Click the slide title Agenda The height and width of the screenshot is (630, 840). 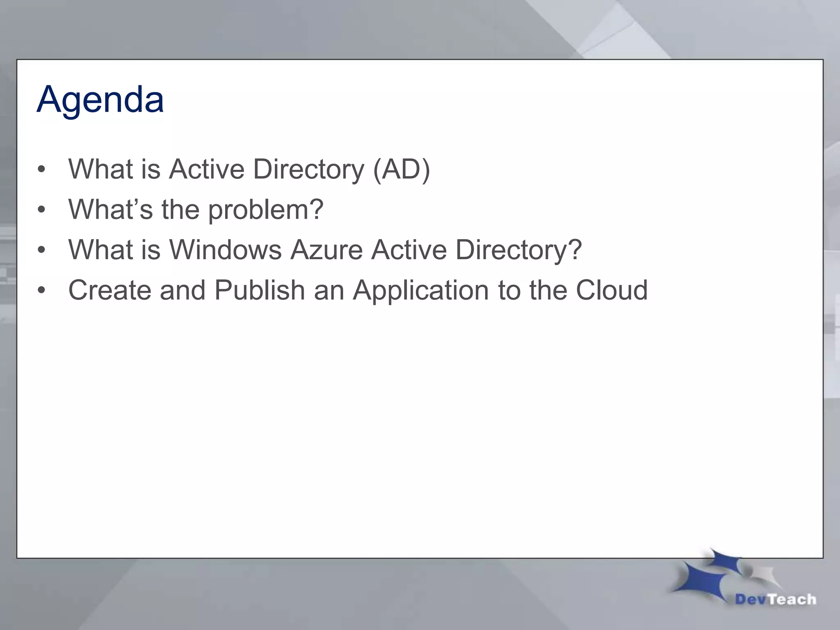[100, 100]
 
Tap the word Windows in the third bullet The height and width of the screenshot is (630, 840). [225, 249]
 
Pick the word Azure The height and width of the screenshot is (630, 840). [326, 249]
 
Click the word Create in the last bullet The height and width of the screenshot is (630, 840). [110, 290]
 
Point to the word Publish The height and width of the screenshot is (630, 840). [259, 290]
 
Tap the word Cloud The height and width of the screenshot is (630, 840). [612, 290]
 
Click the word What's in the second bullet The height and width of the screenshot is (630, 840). [110, 209]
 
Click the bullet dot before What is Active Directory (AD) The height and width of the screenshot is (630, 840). [41, 169]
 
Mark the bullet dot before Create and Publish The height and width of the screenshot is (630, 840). [41, 290]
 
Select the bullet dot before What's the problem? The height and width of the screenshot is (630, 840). [41, 210]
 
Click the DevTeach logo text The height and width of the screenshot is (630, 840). [775, 599]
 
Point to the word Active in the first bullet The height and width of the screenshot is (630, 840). [207, 169]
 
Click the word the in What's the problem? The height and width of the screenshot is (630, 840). [180, 209]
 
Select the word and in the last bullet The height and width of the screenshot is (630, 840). [183, 290]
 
